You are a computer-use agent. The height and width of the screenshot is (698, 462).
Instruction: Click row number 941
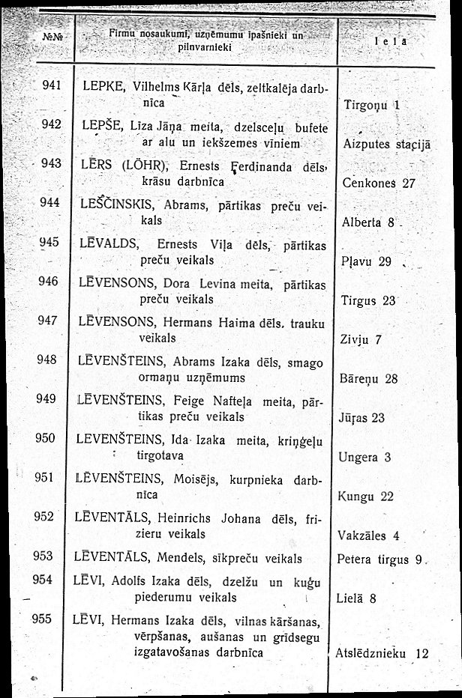coord(50,85)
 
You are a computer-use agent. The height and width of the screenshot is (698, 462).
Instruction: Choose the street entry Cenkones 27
coord(378,183)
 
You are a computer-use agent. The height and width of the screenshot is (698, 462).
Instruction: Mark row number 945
coord(49,243)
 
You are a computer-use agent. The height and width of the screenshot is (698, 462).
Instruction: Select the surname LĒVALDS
coord(105,243)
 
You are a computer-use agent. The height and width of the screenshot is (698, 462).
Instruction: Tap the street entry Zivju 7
coord(362,339)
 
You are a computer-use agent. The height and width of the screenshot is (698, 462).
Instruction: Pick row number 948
coord(49,360)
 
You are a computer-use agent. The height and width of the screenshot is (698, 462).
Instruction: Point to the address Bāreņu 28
coord(368,378)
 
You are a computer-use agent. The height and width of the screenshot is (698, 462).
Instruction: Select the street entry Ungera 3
coord(366,457)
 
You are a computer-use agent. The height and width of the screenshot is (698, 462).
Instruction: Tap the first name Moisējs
coord(196,477)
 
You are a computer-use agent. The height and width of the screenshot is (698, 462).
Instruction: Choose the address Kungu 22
coord(366,496)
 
